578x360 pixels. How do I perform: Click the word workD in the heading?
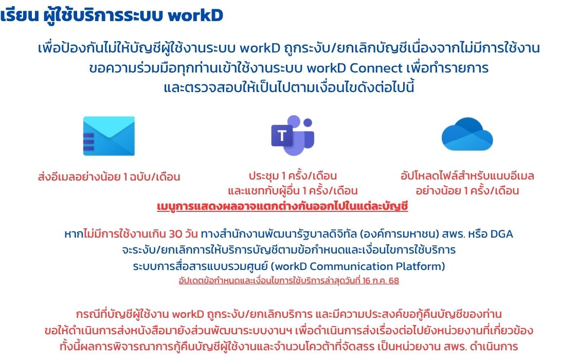[195, 15]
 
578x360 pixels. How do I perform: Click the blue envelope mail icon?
[109, 136]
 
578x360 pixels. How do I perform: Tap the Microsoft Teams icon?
[293, 135]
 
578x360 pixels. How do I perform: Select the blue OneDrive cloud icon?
[467, 134]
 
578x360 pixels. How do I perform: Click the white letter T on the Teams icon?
[282, 135]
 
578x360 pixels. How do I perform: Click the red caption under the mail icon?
[109, 176]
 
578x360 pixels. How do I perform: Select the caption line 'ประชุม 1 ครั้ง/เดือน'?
[293, 176]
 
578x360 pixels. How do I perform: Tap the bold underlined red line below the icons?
[282, 206]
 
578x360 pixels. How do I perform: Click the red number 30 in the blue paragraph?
[175, 234]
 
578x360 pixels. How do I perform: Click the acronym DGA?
[502, 234]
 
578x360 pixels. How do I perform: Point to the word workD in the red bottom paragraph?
[188, 314]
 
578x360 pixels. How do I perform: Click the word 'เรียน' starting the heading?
[20, 15]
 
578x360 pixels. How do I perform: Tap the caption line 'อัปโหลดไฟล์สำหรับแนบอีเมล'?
[467, 176]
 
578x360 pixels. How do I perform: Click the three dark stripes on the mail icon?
[88, 142]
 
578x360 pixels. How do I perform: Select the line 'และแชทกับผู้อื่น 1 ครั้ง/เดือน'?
[293, 191]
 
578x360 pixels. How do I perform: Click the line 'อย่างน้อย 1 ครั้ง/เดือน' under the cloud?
[467, 191]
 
